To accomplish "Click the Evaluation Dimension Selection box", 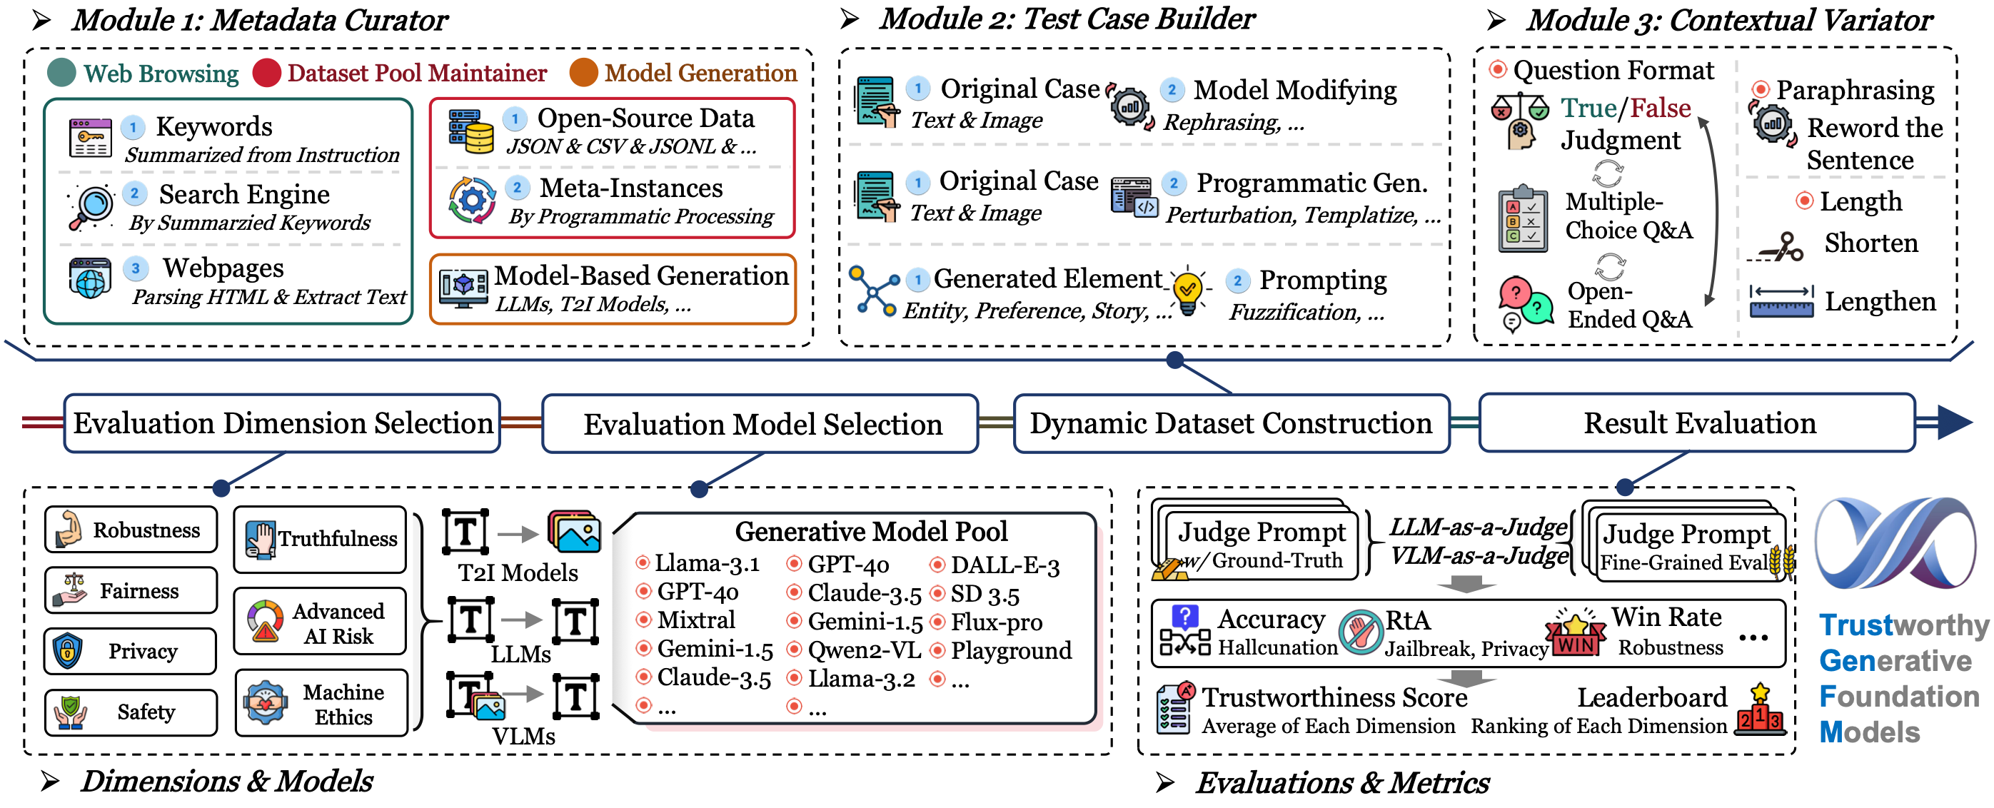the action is pos(282,423).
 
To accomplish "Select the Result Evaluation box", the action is pos(1697,423).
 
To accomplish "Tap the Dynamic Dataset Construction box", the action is pos(1231,423).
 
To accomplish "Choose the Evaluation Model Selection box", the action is pos(760,423).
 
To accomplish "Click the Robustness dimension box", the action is pos(131,530).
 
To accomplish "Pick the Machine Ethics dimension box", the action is pos(321,703).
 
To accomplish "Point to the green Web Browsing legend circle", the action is pos(62,73).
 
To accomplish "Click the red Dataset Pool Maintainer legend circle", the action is pos(266,73).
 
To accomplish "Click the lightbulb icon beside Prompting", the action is pos(1188,291).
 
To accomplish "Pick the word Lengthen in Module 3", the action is pos(1880,302).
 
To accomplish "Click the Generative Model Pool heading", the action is pos(872,532).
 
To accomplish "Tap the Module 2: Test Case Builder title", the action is pos(1067,19).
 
